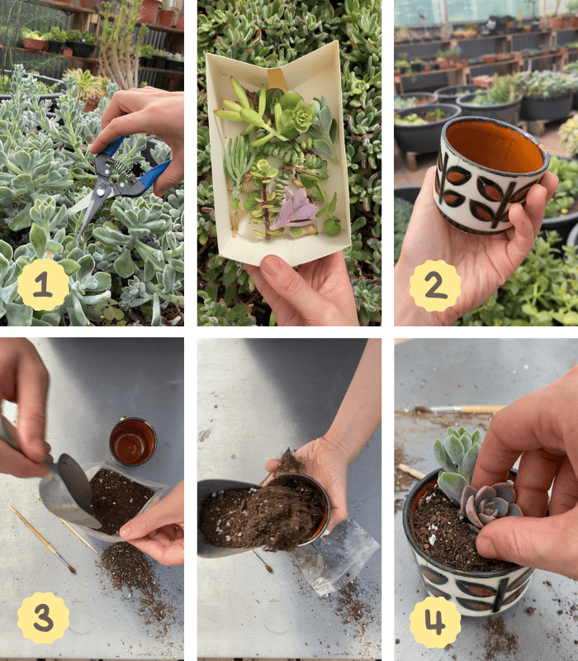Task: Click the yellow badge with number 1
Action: pyautogui.click(x=44, y=284)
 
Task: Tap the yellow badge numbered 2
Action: pyautogui.click(x=435, y=285)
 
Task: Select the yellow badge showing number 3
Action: pyautogui.click(x=44, y=617)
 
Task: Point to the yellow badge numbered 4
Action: pyautogui.click(x=435, y=622)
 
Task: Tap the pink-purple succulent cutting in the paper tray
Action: pyautogui.click(x=295, y=210)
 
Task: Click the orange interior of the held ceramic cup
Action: pyautogui.click(x=494, y=146)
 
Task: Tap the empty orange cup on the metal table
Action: pyautogui.click(x=133, y=441)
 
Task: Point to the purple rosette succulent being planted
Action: pyautogui.click(x=490, y=504)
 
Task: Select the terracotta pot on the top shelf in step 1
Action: pyautogui.click(x=149, y=12)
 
